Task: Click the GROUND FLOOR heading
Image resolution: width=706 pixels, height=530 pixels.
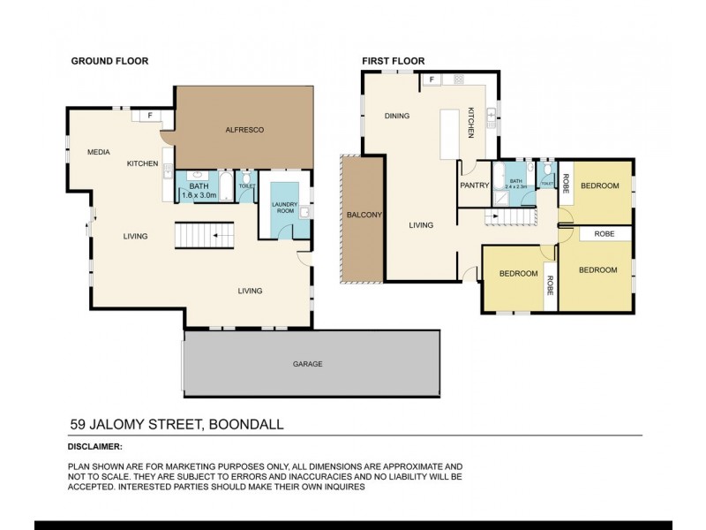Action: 109,61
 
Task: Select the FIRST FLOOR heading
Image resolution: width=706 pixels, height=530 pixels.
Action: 393,61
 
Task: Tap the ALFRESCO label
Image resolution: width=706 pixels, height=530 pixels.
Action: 245,130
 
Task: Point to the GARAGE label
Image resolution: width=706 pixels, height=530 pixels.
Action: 307,363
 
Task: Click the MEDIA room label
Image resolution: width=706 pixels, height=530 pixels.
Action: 98,153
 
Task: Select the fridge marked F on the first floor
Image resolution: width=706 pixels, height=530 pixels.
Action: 432,79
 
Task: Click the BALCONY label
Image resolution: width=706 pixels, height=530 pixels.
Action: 364,215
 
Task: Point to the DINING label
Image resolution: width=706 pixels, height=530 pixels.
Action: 397,116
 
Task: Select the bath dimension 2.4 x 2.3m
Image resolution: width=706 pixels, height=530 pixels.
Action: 515,186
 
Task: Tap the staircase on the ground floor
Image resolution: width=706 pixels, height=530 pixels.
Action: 205,236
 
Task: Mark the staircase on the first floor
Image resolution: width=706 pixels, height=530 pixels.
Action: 508,217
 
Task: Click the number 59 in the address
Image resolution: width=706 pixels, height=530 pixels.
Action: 78,424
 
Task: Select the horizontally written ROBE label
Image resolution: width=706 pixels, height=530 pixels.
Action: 604,234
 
